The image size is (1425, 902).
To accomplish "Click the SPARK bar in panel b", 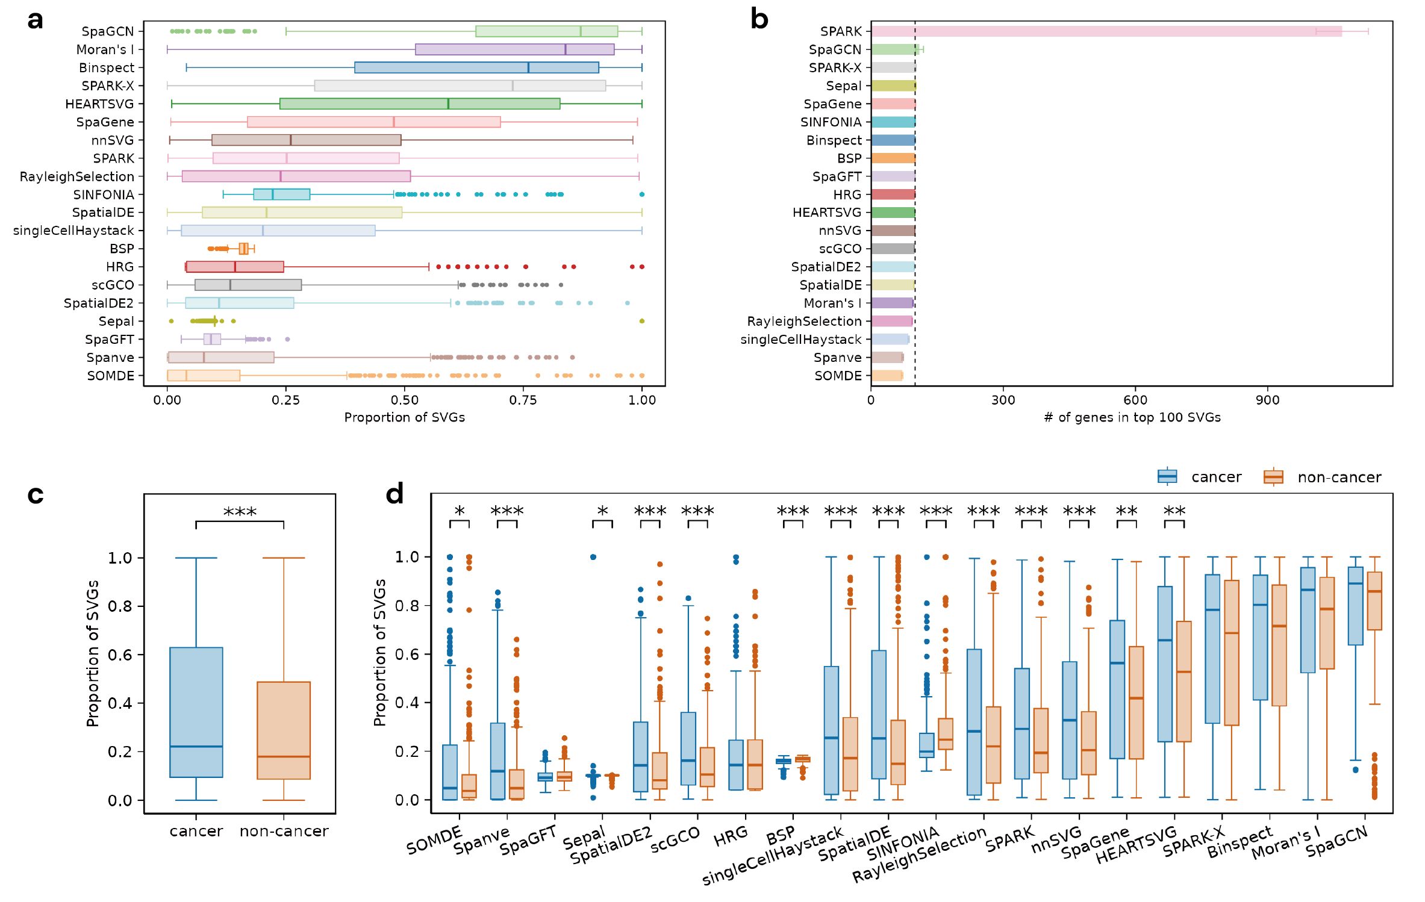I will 1106,31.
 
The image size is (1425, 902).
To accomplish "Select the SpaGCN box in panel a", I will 546,31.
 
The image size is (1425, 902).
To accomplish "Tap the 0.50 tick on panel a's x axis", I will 404,400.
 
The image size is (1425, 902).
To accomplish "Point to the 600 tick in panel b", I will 1135,400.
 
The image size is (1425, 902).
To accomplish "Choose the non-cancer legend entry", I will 1322,477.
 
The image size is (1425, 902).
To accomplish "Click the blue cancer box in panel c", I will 196,712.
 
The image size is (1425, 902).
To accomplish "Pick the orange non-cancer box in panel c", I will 284,730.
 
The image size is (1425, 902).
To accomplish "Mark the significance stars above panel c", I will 240,512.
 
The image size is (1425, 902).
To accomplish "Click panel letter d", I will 394,494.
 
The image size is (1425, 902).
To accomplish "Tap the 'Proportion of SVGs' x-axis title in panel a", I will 404,417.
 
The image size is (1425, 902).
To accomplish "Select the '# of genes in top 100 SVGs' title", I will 1132,417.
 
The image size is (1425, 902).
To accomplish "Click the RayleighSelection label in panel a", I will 76,176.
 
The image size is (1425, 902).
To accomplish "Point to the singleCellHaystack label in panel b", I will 800,339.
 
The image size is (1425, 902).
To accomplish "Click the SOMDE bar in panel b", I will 887,376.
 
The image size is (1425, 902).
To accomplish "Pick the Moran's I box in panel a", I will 514,49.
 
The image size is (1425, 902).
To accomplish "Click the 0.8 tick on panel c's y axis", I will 120,606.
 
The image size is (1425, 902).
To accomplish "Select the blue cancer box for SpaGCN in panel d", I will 1355,606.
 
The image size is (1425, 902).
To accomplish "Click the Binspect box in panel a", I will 476,67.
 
